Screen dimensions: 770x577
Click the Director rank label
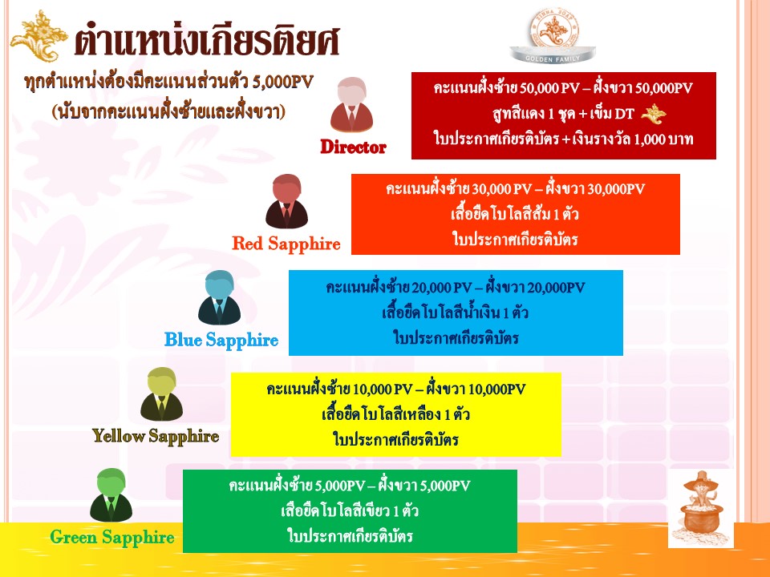pyautogui.click(x=353, y=147)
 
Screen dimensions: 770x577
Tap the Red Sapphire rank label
pyautogui.click(x=286, y=244)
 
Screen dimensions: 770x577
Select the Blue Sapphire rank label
pyautogui.click(x=221, y=340)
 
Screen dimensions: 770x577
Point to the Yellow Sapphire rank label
pyautogui.click(x=156, y=436)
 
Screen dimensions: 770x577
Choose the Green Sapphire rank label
pyautogui.click(x=112, y=537)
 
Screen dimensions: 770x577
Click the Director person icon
pyautogui.click(x=351, y=104)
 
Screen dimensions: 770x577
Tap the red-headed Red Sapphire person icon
pyautogui.click(x=287, y=201)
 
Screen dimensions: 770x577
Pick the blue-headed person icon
pyautogui.click(x=220, y=297)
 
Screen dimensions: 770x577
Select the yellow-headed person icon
pyautogui.click(x=161, y=394)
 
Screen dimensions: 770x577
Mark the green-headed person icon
pyautogui.click(x=111, y=494)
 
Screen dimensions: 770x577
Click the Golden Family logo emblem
pyautogui.click(x=553, y=35)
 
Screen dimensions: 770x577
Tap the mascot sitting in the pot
pyautogui.click(x=701, y=509)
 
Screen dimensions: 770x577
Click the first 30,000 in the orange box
pyautogui.click(x=491, y=189)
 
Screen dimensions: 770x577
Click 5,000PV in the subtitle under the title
pyautogui.click(x=282, y=82)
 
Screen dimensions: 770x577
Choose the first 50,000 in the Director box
pyautogui.click(x=539, y=88)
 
